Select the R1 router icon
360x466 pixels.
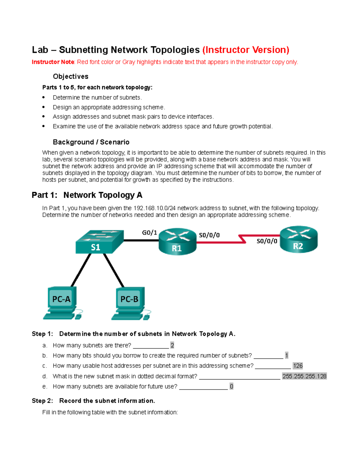[x=177, y=242]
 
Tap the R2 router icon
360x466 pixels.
[x=298, y=239]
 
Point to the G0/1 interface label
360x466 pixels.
[x=149, y=233]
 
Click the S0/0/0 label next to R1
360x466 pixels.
[x=209, y=235]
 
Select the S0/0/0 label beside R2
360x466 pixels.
[x=267, y=241]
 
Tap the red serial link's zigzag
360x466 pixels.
[x=242, y=239]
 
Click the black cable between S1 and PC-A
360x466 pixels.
[x=81, y=270]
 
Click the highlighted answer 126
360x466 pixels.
[x=298, y=366]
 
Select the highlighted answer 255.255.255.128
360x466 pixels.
[x=304, y=376]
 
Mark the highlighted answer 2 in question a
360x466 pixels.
[x=172, y=345]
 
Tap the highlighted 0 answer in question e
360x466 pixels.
[x=231, y=386]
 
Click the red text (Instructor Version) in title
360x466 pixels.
[x=246, y=50]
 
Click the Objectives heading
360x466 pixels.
[x=70, y=77]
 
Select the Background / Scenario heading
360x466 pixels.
[x=91, y=142]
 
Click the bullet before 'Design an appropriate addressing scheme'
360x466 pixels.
[x=43, y=107]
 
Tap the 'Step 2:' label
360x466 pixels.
[x=42, y=401]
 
